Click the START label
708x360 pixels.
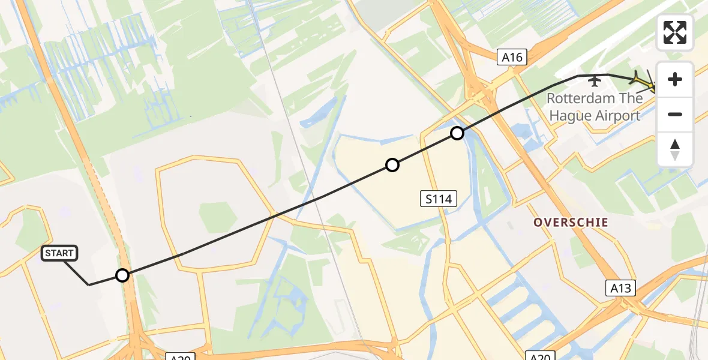(x=59, y=253)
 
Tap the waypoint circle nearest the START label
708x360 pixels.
(x=122, y=275)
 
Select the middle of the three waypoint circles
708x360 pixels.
(x=392, y=165)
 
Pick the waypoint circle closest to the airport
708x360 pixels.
(x=457, y=133)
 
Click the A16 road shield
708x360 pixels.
(x=512, y=58)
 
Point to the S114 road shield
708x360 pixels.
(x=438, y=199)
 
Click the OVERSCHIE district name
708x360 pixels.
(x=571, y=223)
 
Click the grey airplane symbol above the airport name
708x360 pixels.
(x=595, y=80)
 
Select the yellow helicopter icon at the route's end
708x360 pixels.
(x=644, y=81)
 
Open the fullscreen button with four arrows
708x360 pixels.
(x=675, y=32)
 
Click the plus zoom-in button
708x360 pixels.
(x=675, y=79)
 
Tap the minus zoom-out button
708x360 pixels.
(x=675, y=114)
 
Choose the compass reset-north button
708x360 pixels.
(x=675, y=149)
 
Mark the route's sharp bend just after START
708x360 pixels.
(x=89, y=284)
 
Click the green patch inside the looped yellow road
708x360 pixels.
(x=217, y=217)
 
